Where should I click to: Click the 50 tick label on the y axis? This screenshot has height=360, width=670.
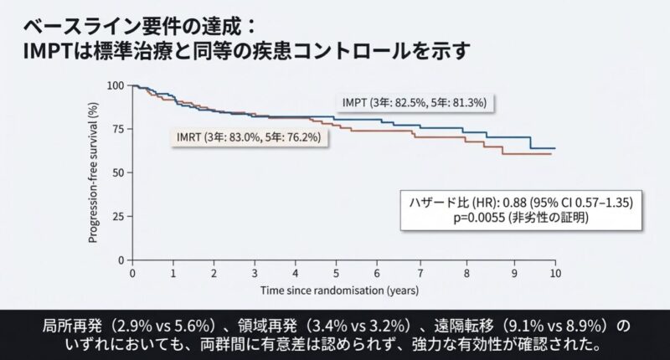[x=117, y=172]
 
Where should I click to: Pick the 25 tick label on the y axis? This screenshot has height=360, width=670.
[x=117, y=216]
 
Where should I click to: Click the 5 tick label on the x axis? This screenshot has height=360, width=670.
[x=336, y=275]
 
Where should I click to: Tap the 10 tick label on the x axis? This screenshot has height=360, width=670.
[x=554, y=275]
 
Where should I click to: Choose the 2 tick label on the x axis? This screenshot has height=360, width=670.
[x=214, y=275]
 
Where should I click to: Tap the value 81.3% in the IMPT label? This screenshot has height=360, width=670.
[x=472, y=102]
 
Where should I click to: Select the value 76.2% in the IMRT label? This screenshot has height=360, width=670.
[x=305, y=137]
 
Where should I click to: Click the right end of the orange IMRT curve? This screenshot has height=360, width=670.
[x=550, y=154]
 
